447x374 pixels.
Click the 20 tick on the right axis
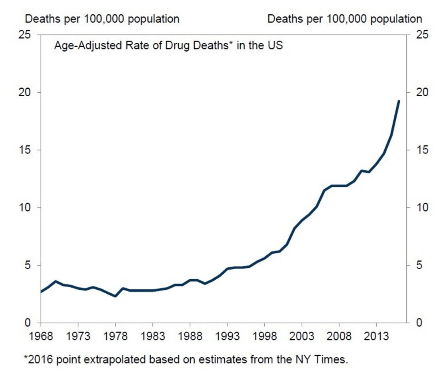tap(418, 92)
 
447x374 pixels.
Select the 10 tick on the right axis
tap(418, 208)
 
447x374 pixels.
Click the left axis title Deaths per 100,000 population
tap(102, 19)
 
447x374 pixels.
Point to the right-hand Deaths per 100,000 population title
tap(345, 19)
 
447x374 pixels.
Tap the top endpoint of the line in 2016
tap(399, 101)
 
